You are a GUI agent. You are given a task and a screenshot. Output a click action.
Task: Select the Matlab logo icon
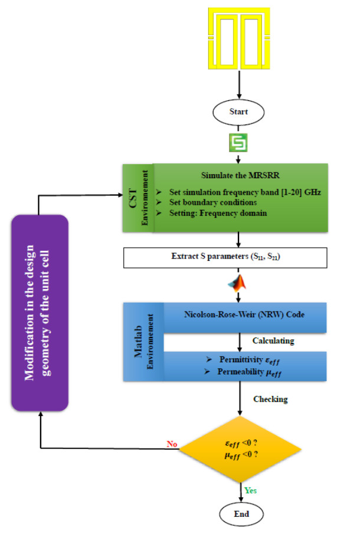coord(238,283)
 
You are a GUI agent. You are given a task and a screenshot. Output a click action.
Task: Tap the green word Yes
coord(251,490)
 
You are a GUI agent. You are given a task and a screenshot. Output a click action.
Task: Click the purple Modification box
coord(40,313)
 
